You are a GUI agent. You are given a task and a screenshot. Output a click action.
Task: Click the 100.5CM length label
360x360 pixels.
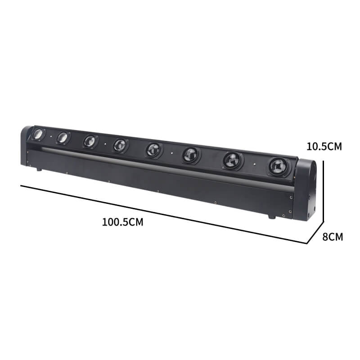[122, 222]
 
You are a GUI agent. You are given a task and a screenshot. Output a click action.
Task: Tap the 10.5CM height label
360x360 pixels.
[324, 147]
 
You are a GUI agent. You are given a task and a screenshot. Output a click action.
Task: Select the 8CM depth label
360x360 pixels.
[333, 237]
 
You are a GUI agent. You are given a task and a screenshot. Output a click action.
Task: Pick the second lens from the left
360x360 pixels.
[63, 137]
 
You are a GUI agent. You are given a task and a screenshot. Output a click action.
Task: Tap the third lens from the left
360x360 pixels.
[90, 141]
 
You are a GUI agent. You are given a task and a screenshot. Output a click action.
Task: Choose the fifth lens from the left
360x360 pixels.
[154, 150]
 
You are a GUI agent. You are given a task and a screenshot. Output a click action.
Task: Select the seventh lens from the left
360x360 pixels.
[233, 160]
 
